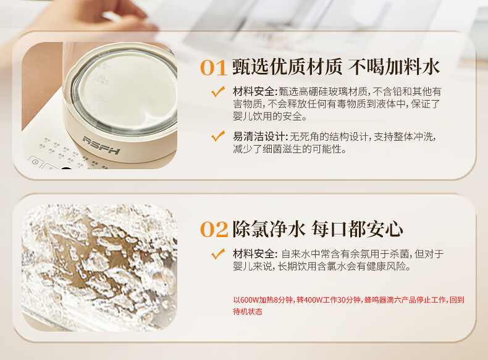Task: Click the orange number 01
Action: click(214, 67)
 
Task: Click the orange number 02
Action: click(214, 229)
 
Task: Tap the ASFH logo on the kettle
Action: click(101, 145)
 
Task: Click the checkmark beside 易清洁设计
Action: click(218, 136)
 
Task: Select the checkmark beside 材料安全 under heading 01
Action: click(218, 91)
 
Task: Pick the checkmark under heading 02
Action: click(218, 254)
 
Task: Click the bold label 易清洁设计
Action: click(258, 136)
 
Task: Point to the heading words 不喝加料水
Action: click(394, 67)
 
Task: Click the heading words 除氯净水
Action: click(268, 229)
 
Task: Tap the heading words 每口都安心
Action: click(357, 229)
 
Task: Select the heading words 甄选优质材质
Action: click(287, 67)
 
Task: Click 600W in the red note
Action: click(250, 300)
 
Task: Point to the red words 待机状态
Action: click(248, 311)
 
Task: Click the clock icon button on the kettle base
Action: click(35, 162)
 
